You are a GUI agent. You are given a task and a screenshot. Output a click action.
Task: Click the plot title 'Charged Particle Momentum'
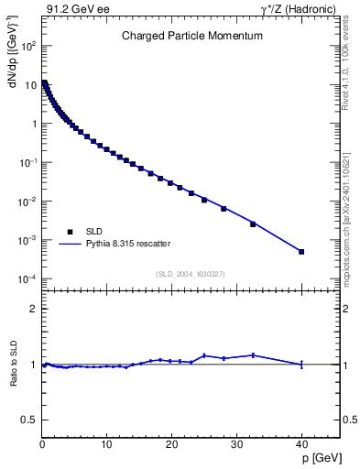pyautogui.click(x=192, y=36)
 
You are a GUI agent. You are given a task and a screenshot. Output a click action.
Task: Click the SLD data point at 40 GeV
pyautogui.click(x=301, y=251)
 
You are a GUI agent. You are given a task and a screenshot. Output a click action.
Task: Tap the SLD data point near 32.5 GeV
pyautogui.click(x=253, y=224)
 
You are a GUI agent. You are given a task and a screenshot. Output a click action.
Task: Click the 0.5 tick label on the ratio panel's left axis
pyautogui.click(x=29, y=420)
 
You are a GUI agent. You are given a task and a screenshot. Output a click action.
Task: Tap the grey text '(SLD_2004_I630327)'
pyautogui.click(x=190, y=273)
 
